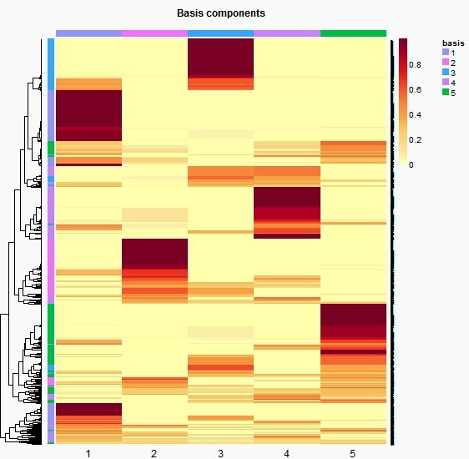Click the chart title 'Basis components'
click(221, 14)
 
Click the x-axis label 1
click(88, 453)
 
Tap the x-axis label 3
click(220, 453)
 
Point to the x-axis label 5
click(352, 453)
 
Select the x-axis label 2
click(154, 453)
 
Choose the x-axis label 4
click(286, 453)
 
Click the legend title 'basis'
click(453, 42)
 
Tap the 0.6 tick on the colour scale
click(415, 89)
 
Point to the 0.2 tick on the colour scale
click(415, 139)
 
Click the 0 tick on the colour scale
click(412, 164)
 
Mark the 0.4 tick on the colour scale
click(415, 114)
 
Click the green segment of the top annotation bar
click(353, 33)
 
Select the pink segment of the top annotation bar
click(154, 33)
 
